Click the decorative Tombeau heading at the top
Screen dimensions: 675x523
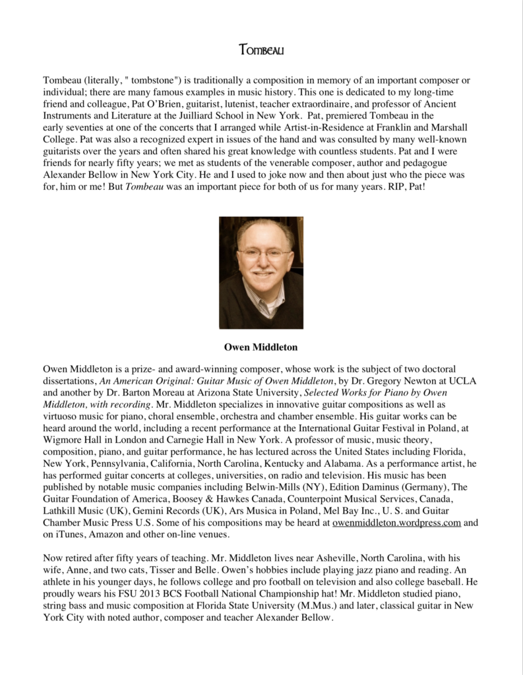click(x=261, y=49)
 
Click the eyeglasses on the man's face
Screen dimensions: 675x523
click(x=262, y=252)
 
